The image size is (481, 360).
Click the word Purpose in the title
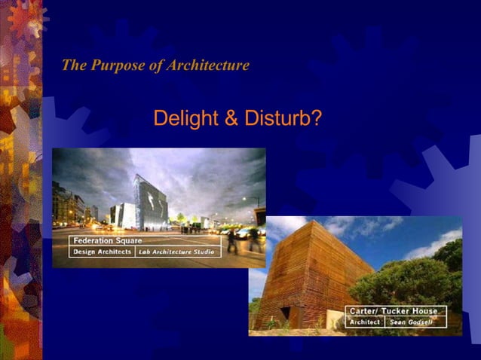[117, 66]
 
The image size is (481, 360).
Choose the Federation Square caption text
[106, 241]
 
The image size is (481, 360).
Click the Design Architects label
[103, 252]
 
